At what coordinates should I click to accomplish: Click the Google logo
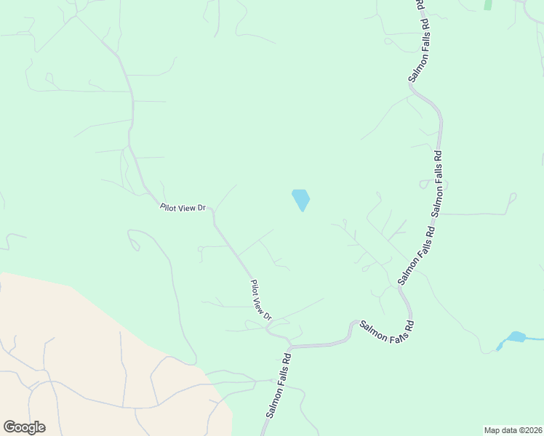point(24,427)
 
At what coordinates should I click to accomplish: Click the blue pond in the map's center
point(300,199)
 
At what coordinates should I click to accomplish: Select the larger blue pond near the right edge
point(516,336)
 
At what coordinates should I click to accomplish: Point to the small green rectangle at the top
point(487,4)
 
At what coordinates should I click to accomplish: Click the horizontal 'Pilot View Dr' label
point(183,207)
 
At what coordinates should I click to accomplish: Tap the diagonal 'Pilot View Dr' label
point(260,301)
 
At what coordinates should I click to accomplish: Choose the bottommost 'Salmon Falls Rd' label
point(279,386)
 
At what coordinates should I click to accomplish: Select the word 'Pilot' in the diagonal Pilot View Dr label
point(254,288)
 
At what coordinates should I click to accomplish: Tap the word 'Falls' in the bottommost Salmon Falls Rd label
point(279,384)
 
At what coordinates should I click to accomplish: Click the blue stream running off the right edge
point(535,339)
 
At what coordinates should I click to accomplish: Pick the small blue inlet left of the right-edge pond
point(500,345)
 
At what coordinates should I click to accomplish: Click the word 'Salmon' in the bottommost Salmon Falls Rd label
point(271,405)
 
